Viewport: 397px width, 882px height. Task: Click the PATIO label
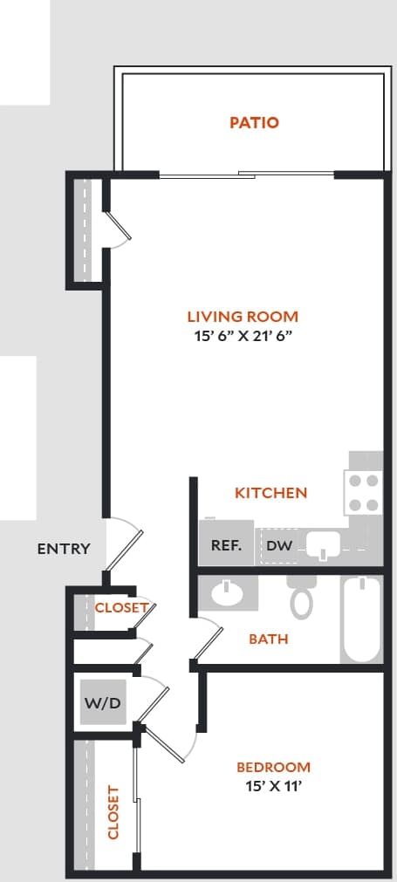254,123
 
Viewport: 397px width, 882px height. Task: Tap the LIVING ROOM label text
243,317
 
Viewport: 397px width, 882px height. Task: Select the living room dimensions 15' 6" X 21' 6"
243,338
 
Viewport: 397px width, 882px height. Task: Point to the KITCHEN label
270,493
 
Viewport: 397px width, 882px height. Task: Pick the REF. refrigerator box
226,545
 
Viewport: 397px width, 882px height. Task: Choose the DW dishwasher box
278,546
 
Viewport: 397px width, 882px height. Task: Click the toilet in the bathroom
302,598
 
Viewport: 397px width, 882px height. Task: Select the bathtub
361,619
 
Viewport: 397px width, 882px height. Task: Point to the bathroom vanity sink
229,595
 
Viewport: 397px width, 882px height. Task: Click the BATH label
268,639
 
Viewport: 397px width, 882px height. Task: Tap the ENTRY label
64,549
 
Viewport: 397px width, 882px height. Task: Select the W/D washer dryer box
102,703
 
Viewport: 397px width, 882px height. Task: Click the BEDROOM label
273,768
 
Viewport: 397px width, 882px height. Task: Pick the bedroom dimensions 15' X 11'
273,786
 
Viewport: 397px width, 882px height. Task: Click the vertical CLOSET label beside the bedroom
113,811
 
